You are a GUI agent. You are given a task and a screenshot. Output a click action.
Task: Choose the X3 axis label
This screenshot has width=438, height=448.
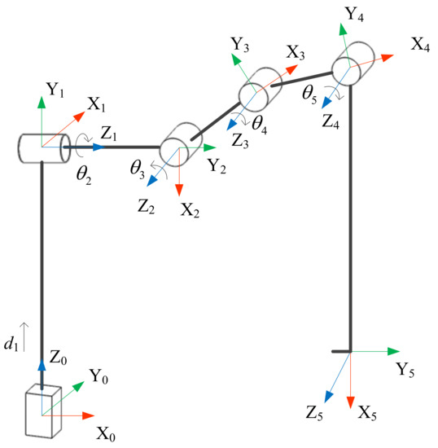pyautogui.click(x=296, y=53)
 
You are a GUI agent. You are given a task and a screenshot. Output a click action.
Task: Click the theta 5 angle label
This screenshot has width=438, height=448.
pyautogui.click(x=309, y=91)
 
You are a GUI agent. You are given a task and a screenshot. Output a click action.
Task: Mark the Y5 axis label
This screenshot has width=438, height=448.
pyautogui.click(x=405, y=371)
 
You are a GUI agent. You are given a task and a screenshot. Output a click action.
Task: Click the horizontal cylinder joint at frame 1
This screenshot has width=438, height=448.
pyautogui.click(x=40, y=149)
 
